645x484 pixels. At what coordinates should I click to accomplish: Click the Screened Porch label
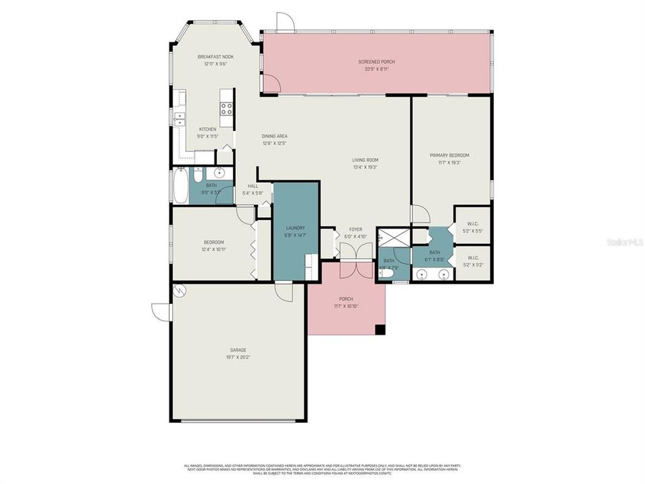tap(376, 62)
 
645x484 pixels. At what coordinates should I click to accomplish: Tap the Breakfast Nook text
tap(215, 57)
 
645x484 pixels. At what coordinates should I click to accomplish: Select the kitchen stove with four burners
tap(227, 108)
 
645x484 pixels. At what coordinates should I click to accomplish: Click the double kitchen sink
tap(180, 119)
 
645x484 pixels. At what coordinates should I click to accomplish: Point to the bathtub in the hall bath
tap(180, 185)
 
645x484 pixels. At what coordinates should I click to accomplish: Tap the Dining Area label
tap(274, 136)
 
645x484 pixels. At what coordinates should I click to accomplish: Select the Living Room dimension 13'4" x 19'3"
tap(364, 167)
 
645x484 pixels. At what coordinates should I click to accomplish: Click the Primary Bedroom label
tap(449, 155)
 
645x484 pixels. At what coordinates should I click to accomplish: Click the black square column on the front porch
tap(380, 329)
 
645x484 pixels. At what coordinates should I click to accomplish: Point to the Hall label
tap(253, 186)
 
